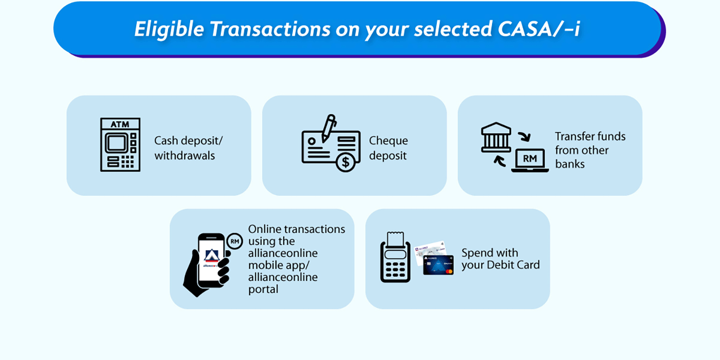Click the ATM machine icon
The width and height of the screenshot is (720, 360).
[x=120, y=144]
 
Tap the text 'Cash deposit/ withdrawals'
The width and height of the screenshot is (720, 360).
[x=188, y=148]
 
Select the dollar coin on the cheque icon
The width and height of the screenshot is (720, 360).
[x=345, y=163]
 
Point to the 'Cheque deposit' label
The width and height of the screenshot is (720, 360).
[x=388, y=148]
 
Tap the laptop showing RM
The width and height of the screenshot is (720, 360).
[x=530, y=160]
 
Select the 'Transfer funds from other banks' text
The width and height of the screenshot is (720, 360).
[x=590, y=150]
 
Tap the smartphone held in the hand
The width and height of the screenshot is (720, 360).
[x=211, y=261]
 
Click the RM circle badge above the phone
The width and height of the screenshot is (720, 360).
[x=234, y=241]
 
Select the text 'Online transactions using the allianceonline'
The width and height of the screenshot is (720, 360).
[x=296, y=241]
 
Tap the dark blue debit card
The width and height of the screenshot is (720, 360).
[x=438, y=265]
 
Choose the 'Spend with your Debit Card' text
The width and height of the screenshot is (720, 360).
[x=500, y=259]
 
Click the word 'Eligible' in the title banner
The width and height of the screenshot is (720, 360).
[x=169, y=30]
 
